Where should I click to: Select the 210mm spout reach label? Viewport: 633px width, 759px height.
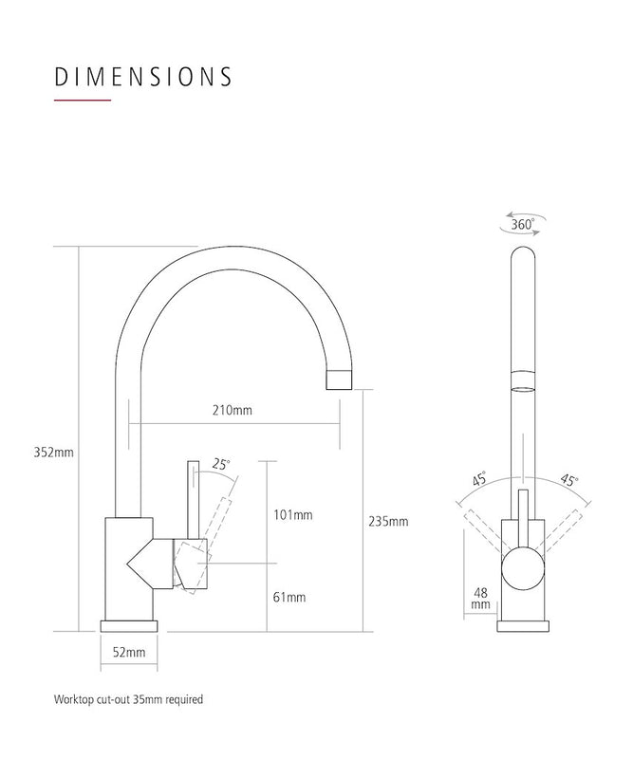pyautogui.click(x=233, y=411)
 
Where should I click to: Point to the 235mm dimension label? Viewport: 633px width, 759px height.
pyautogui.click(x=389, y=521)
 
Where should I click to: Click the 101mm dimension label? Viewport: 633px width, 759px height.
pyautogui.click(x=293, y=515)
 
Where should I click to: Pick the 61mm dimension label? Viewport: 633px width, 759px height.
pyautogui.click(x=290, y=597)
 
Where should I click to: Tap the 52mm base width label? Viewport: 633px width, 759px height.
pyautogui.click(x=129, y=652)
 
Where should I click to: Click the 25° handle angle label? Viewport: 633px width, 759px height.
pyautogui.click(x=222, y=464)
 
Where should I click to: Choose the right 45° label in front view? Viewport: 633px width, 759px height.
pyautogui.click(x=568, y=480)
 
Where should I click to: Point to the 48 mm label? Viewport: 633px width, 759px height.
pyautogui.click(x=479, y=597)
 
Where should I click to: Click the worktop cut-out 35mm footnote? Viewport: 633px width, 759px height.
pyautogui.click(x=128, y=699)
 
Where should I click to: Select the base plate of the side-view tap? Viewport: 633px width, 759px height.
pyautogui.click(x=135, y=627)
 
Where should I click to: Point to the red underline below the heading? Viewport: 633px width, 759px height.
pyautogui.click(x=83, y=101)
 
